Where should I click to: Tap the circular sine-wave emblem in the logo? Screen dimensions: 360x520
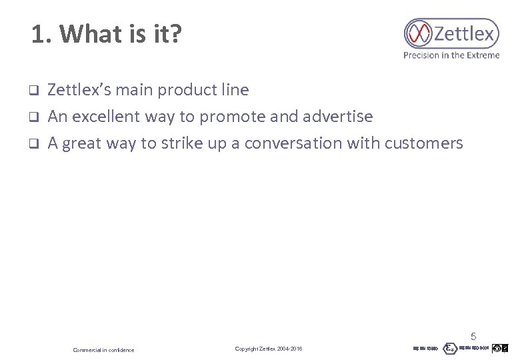tap(420, 33)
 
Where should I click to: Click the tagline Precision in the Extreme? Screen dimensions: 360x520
tap(451, 55)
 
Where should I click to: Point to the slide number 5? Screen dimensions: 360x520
tap(474, 336)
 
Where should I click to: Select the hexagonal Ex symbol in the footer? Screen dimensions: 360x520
tap(451, 348)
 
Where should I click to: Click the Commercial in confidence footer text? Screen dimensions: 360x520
tap(103, 350)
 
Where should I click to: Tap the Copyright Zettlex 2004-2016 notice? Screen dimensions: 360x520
tap(269, 349)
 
